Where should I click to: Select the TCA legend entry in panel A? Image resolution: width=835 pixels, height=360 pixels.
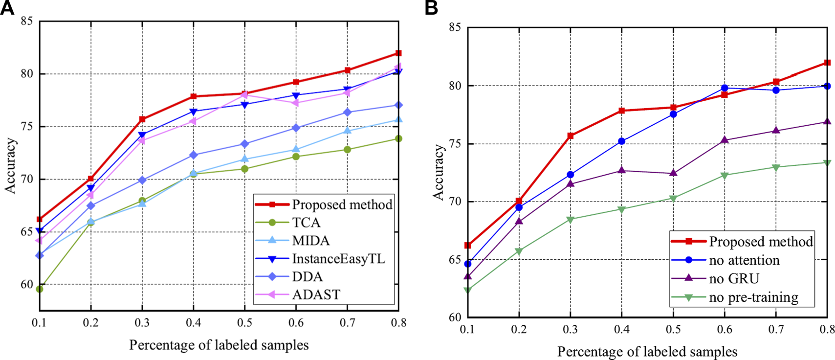[306, 223]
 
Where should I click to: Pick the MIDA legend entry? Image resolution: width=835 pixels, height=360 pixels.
[310, 241]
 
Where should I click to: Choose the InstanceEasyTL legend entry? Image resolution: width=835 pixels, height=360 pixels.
[338, 259]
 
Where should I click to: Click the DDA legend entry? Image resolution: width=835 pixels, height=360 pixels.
[307, 277]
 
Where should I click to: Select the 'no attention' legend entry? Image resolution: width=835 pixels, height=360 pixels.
[744, 260]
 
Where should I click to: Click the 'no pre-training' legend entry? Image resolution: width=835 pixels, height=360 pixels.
[753, 297]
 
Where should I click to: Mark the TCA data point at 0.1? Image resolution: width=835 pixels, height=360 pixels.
[40, 289]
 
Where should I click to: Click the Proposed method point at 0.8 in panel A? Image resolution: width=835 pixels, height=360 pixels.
[398, 53]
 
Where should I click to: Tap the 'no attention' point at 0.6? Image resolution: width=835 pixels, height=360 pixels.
[725, 88]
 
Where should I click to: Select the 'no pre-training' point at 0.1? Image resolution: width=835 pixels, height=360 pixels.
[467, 290]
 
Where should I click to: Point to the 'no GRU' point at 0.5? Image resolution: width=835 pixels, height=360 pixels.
[673, 173]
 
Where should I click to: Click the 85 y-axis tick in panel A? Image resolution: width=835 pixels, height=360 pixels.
[27, 22]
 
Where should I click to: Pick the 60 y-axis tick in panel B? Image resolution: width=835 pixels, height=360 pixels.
[455, 317]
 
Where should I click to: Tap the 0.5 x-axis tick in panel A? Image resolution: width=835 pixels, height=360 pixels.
[245, 323]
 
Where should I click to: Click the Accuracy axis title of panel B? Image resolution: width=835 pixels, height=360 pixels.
[439, 172]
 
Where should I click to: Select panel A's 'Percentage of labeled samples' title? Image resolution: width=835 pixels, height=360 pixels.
[219, 345]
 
